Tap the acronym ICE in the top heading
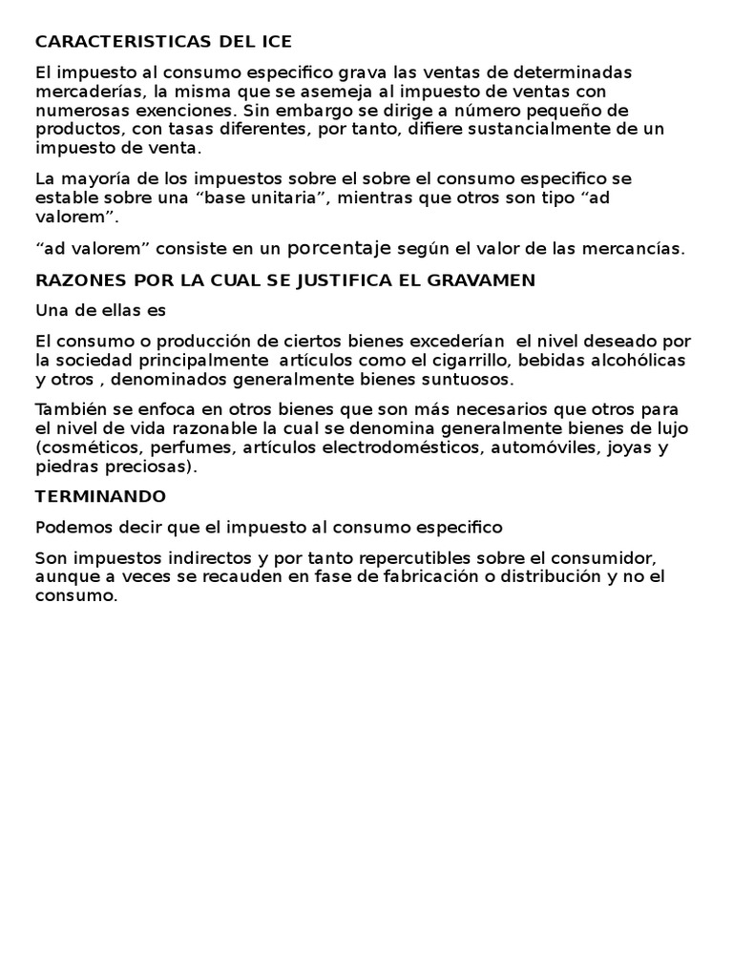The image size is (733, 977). [275, 42]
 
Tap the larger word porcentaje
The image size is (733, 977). [340, 248]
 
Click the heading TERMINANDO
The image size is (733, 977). [100, 496]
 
